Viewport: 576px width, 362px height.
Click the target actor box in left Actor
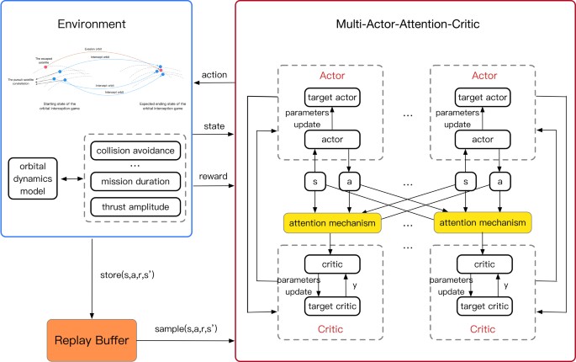(332, 98)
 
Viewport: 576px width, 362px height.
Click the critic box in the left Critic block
(332, 265)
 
